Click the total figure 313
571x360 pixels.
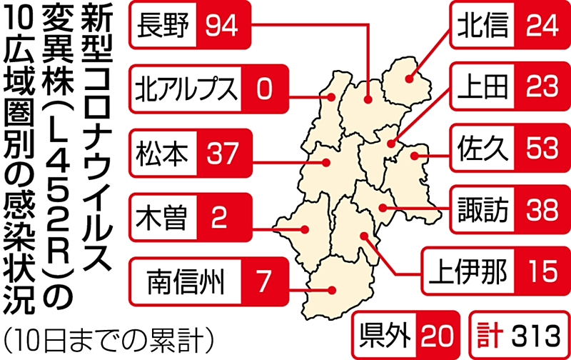pos(532,333)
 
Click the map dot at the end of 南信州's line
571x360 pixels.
pos(333,289)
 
